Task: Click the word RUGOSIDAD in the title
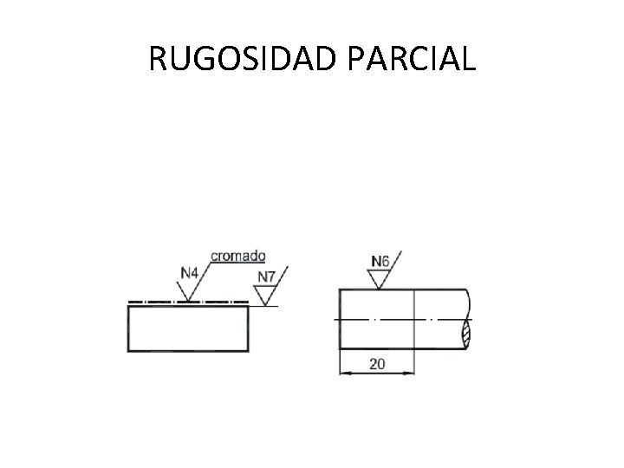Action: (x=245, y=58)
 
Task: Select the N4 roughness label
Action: (x=190, y=273)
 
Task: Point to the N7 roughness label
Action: (x=266, y=278)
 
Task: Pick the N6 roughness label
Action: (x=380, y=260)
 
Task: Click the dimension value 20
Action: (x=377, y=364)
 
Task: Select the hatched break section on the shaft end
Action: (x=467, y=332)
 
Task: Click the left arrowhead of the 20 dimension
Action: (x=343, y=373)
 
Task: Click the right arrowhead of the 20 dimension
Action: (x=408, y=373)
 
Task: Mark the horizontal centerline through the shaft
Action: (x=399, y=320)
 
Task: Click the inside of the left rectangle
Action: (x=188, y=329)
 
